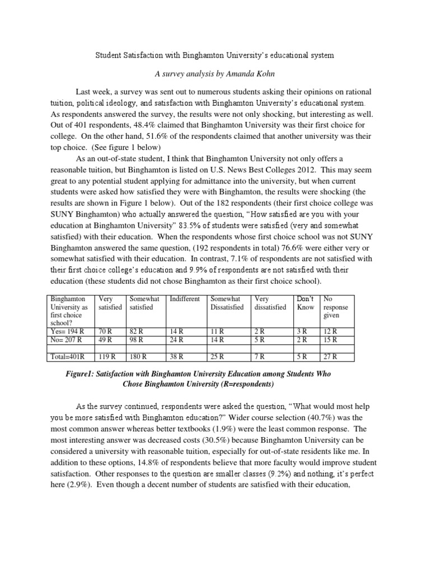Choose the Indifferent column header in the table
click(x=184, y=299)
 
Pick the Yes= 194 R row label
click(x=66, y=331)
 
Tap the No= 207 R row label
click(x=66, y=339)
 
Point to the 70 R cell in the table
click(x=106, y=331)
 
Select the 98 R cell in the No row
click(x=137, y=339)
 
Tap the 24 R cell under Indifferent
click(x=176, y=339)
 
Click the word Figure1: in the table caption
click(x=82, y=373)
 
